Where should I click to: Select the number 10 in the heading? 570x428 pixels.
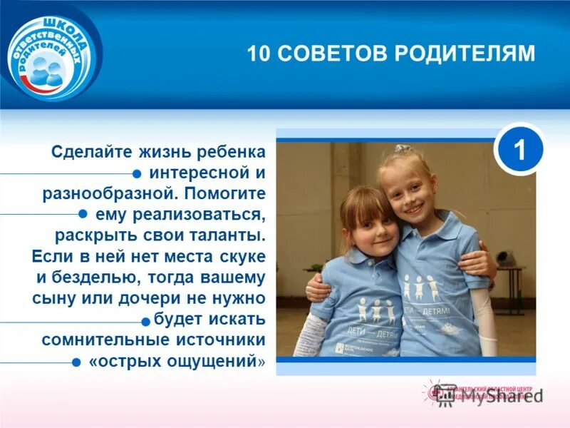[x=257, y=54]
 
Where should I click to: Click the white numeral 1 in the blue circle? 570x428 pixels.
[x=519, y=151]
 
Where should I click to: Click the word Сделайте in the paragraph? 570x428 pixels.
[x=85, y=153]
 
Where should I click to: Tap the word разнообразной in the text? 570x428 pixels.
[x=105, y=193]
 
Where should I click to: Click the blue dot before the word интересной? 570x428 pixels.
[x=136, y=173]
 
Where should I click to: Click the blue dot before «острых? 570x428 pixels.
[x=76, y=362]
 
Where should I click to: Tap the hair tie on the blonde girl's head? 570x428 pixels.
[x=404, y=148]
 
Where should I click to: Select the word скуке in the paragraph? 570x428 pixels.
[x=239, y=255]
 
